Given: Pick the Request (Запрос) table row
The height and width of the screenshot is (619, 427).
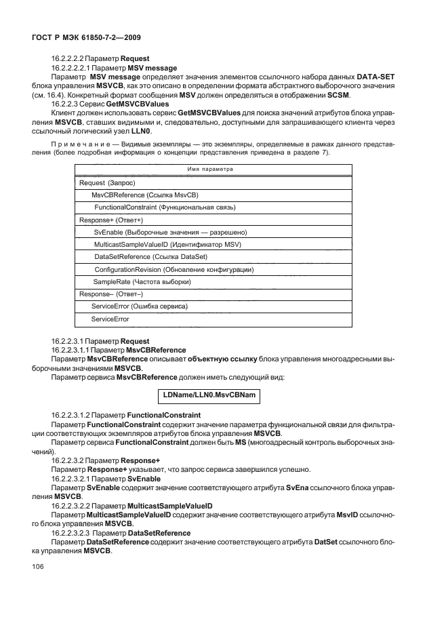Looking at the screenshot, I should [x=108, y=183].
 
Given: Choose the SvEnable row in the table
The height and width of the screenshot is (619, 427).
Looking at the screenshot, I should [x=165, y=232].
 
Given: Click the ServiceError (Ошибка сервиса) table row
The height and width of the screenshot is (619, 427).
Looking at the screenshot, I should [x=139, y=306].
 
